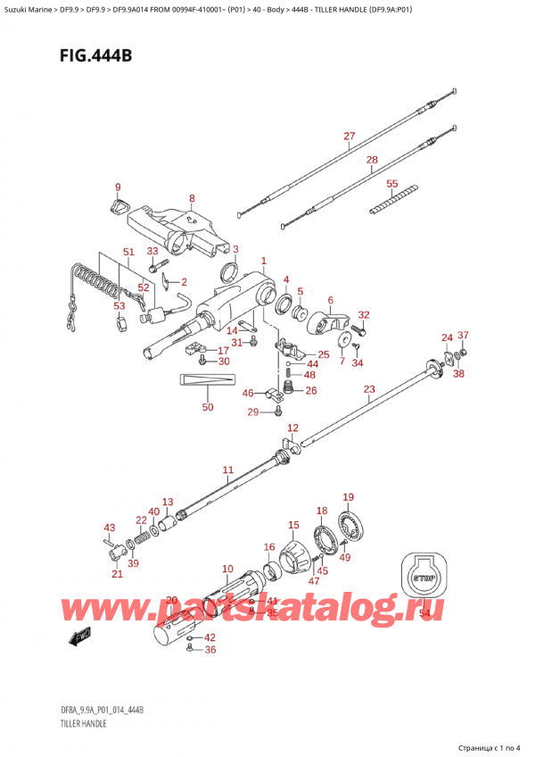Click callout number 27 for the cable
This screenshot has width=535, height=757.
click(349, 137)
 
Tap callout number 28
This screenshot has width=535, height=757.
click(372, 161)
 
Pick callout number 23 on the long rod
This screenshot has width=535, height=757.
click(369, 389)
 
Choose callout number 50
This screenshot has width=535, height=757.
click(208, 408)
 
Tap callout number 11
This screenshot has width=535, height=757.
click(227, 470)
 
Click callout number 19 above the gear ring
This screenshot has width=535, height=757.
click(349, 497)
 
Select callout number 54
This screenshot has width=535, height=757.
click(424, 613)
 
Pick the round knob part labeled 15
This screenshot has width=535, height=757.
click(294, 557)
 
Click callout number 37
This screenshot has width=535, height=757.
click(463, 336)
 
